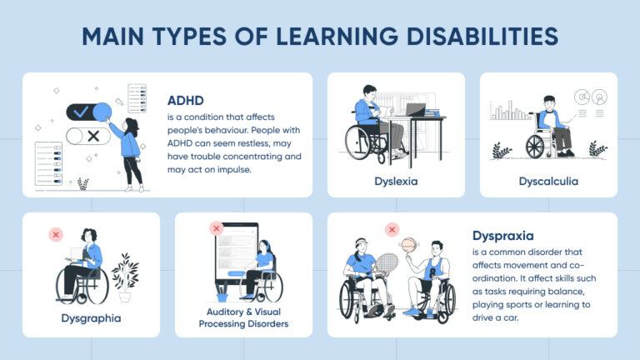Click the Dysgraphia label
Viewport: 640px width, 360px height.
point(91,317)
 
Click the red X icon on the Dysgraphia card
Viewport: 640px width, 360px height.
point(56,235)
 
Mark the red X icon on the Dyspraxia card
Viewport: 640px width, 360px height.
point(391,230)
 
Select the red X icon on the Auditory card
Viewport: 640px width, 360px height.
point(216,227)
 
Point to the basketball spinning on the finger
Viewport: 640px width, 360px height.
point(407,246)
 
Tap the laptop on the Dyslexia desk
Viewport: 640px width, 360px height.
point(415,109)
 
